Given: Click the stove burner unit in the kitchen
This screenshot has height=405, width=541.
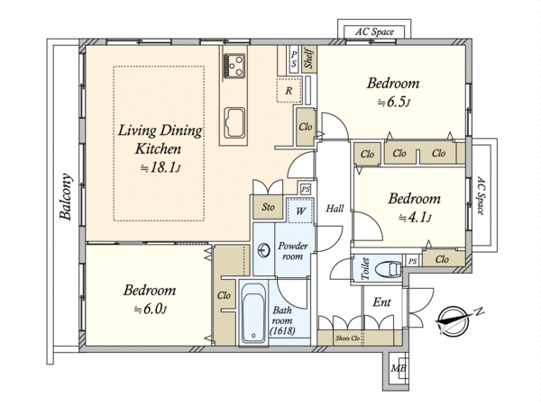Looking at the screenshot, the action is click(x=234, y=66).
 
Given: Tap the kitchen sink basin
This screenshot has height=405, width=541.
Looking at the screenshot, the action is click(x=234, y=122).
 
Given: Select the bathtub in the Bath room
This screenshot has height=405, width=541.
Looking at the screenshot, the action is click(x=253, y=313).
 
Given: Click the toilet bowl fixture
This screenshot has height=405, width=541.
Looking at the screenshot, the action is click(x=389, y=269).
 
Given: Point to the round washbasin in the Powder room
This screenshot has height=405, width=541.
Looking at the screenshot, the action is click(x=264, y=250).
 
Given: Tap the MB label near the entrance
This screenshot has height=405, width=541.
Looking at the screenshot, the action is click(x=399, y=368).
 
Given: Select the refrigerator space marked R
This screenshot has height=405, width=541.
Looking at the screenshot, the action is click(x=289, y=90).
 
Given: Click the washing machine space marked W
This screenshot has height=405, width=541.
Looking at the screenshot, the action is click(x=300, y=211).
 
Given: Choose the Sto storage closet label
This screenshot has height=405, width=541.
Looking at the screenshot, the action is click(x=268, y=207).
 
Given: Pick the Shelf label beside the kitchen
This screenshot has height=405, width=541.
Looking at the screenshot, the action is click(x=308, y=58).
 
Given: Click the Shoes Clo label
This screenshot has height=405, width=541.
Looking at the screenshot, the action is click(x=348, y=338).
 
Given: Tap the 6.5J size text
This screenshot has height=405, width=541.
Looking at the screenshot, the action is click(x=394, y=103).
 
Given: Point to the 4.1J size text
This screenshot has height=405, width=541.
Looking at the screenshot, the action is click(x=415, y=218).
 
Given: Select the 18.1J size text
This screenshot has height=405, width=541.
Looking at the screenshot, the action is click(x=160, y=168).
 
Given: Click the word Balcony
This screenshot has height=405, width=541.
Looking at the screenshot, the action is click(x=66, y=196).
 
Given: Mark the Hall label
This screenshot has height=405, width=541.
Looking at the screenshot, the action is click(x=335, y=209).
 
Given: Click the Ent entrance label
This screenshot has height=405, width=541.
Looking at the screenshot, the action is click(x=382, y=302).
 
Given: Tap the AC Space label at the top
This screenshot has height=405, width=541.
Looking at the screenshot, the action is click(x=375, y=32).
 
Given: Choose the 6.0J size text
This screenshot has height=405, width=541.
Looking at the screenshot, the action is click(x=150, y=310).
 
